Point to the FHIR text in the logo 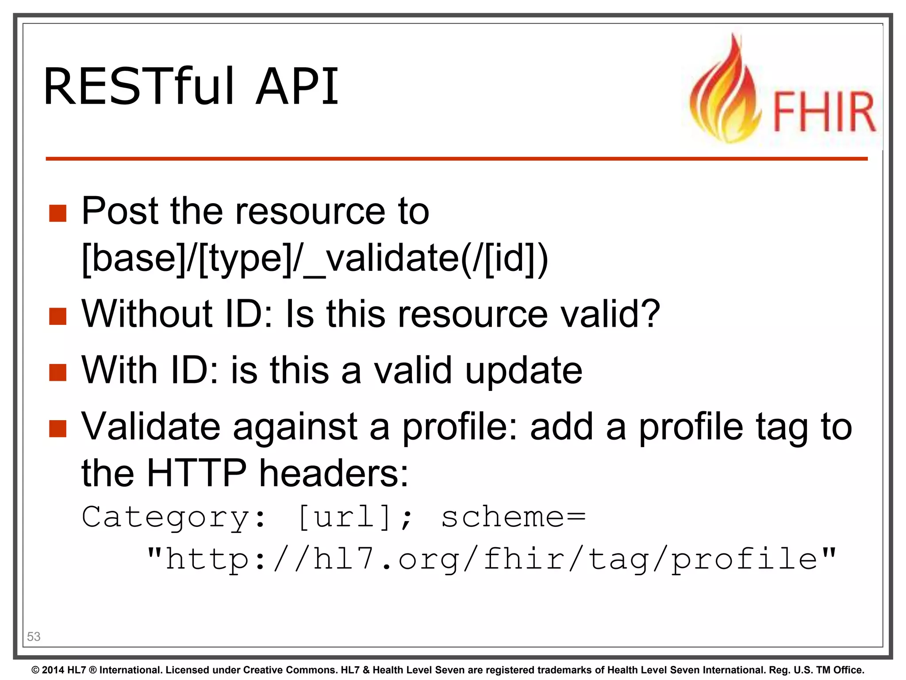(824, 112)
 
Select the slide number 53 (34, 636)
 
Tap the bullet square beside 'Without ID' (58, 316)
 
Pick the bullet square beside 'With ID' (58, 372)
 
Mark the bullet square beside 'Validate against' (58, 428)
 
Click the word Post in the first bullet (119, 211)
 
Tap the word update (524, 371)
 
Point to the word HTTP (196, 473)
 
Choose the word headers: (334, 473)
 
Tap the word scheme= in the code (513, 517)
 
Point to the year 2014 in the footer (53, 670)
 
